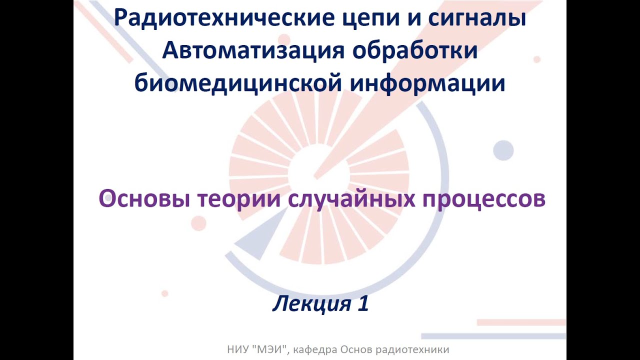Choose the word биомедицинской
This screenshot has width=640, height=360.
tap(238, 83)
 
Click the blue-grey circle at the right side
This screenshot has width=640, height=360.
tap(503, 150)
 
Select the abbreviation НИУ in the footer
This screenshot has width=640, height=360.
tap(236, 349)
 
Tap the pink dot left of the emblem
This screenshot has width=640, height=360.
tap(198, 223)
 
